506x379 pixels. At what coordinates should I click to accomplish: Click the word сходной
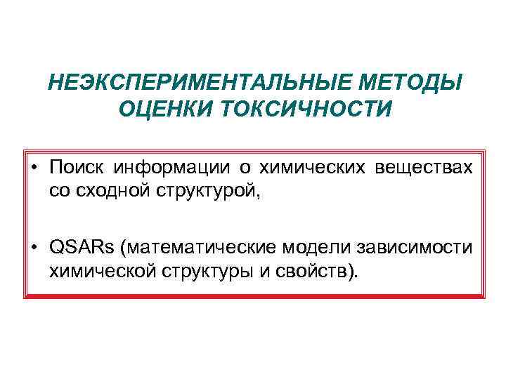coord(106,189)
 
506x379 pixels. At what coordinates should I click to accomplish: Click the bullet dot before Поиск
coord(34,168)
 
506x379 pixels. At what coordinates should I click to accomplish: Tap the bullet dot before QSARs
coord(34,248)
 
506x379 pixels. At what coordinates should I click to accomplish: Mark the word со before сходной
coord(60,190)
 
